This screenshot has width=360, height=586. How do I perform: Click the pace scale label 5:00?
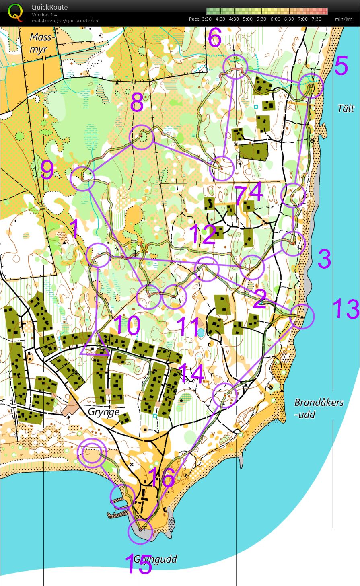(248, 19)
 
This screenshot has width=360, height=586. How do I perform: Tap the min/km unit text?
(344, 19)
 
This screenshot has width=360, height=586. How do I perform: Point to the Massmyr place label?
(41, 43)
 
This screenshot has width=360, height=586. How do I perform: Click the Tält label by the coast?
(346, 108)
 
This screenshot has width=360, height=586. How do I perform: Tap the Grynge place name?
(104, 412)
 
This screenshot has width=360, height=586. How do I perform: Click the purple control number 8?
(137, 104)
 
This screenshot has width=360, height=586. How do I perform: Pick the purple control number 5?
(341, 66)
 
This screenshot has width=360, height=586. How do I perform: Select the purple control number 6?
(215, 38)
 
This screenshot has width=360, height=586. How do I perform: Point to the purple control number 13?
(346, 309)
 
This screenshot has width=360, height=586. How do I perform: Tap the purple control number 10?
(127, 325)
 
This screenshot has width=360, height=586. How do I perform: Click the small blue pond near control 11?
(201, 333)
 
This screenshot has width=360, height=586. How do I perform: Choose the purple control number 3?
(324, 259)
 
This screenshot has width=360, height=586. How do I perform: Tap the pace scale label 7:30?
(316, 19)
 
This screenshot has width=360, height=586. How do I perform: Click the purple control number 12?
(203, 235)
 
